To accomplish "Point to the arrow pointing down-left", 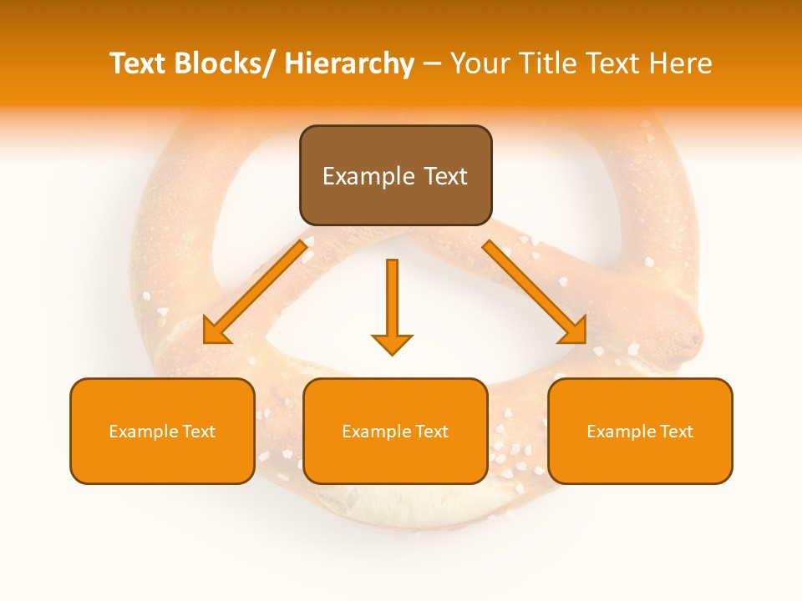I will tap(255, 292).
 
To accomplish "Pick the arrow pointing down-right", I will tap(535, 292).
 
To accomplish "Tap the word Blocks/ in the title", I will tap(225, 63).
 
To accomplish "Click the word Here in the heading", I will tap(678, 63).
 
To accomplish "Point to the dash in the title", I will tap(432, 63).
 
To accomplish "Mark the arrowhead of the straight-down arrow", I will tap(392, 344).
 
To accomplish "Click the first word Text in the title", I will tap(138, 63).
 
